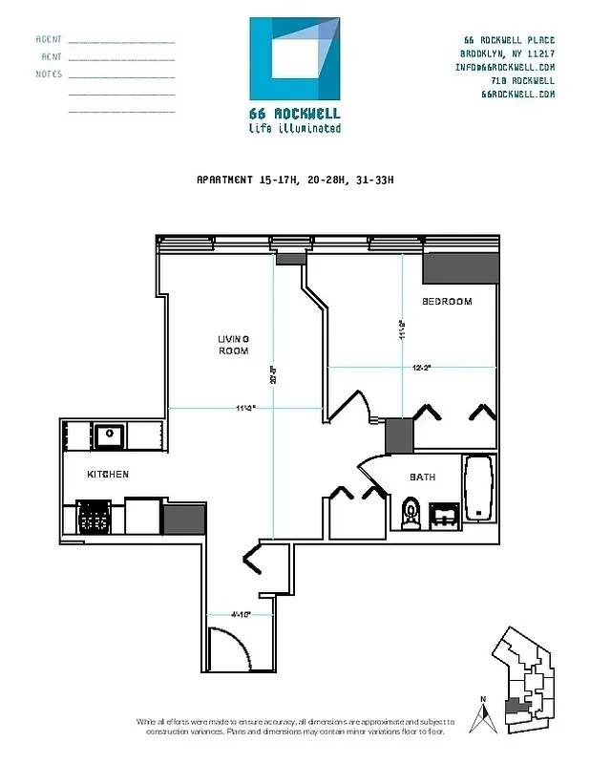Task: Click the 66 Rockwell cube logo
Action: pyautogui.click(x=294, y=58)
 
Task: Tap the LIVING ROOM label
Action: pyautogui.click(x=233, y=345)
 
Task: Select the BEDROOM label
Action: pyautogui.click(x=447, y=302)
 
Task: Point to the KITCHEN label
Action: pyautogui.click(x=108, y=475)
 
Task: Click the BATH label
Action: pyautogui.click(x=423, y=477)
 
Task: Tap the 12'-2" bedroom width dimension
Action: pyautogui.click(x=423, y=367)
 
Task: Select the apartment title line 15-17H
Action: pyautogui.click(x=294, y=180)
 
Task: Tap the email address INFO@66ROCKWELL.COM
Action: pyautogui.click(x=506, y=67)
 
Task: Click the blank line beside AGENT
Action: pyautogui.click(x=121, y=42)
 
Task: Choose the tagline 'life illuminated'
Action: pyautogui.click(x=294, y=127)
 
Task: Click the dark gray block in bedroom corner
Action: pyautogui.click(x=448, y=267)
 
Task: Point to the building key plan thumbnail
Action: pyautogui.click(x=524, y=684)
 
